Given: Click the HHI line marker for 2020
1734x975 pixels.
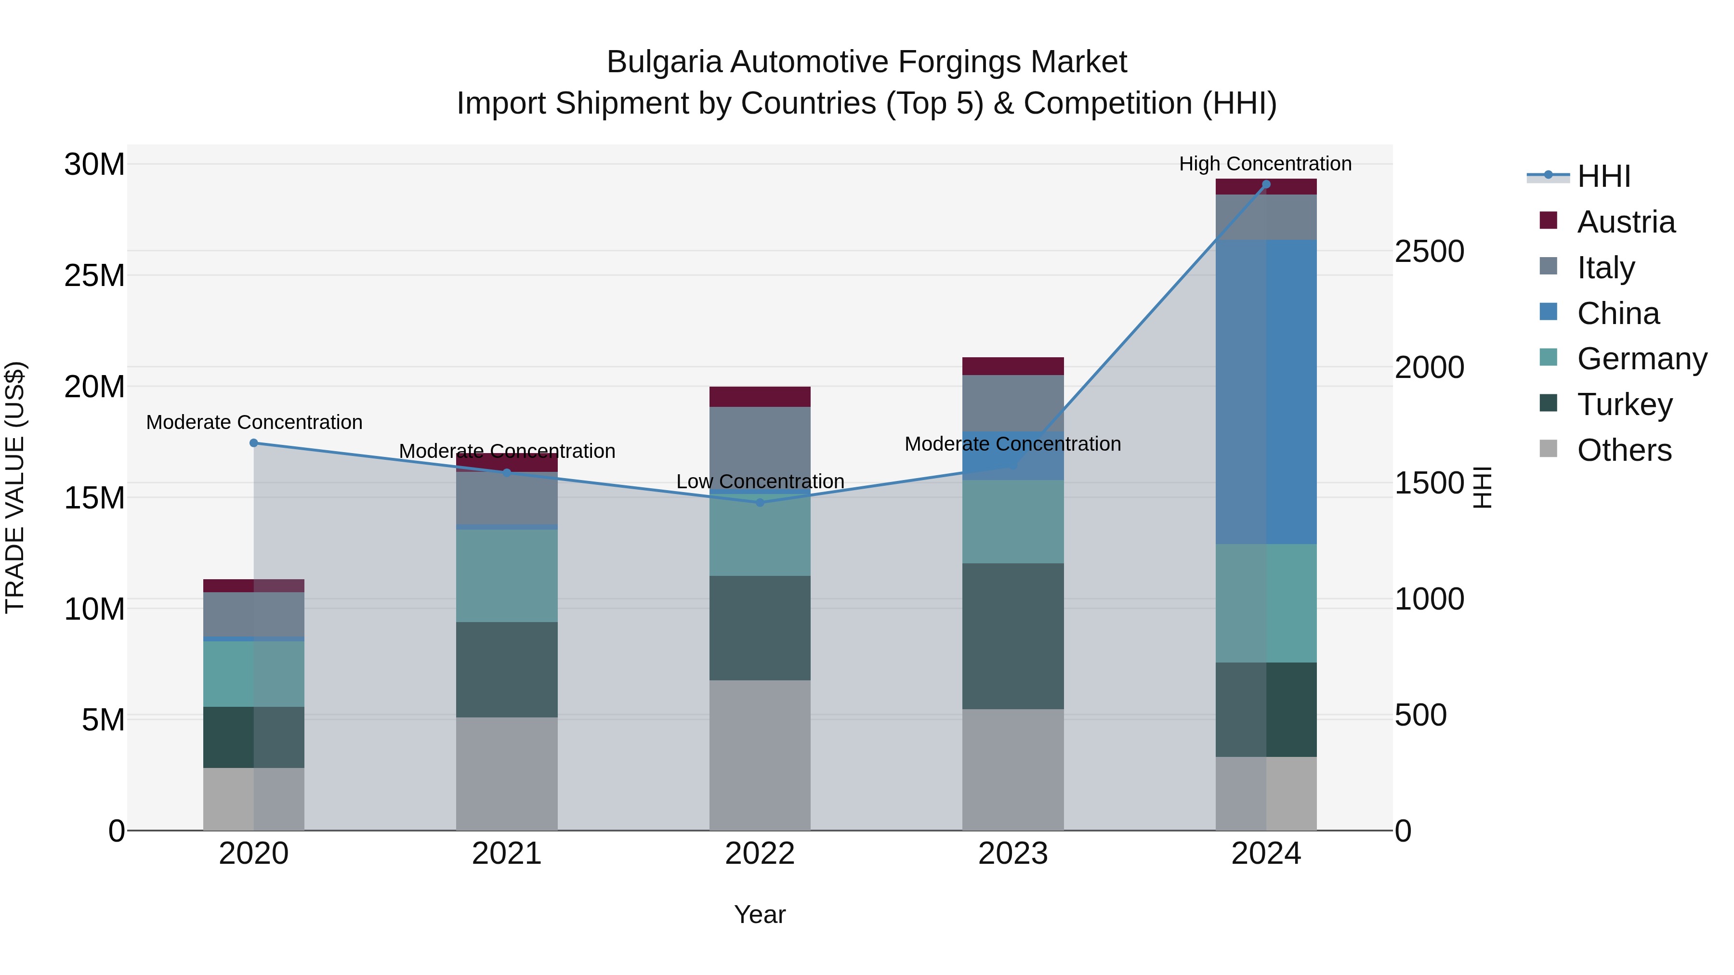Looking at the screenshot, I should coord(254,443).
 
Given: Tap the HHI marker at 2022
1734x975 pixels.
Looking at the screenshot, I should coord(760,503).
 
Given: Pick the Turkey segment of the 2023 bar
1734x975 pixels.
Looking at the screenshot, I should coord(1012,636).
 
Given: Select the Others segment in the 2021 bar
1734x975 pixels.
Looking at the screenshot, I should coord(507,773).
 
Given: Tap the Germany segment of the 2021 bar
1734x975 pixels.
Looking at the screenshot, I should coord(507,575).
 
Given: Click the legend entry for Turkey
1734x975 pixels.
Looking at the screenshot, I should coord(1624,404).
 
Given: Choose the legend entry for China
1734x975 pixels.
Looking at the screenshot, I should coord(1617,313).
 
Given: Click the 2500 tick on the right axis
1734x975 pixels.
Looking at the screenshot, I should coord(1429,252).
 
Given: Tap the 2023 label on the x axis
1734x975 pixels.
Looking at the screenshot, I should coord(1012,854).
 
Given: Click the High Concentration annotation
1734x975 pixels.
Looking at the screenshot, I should coord(1265,164).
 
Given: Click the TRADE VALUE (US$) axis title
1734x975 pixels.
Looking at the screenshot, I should coord(15,487).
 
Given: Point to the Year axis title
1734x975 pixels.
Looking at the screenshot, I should coord(760,914).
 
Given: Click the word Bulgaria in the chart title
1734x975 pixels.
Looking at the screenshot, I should coord(664,62).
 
